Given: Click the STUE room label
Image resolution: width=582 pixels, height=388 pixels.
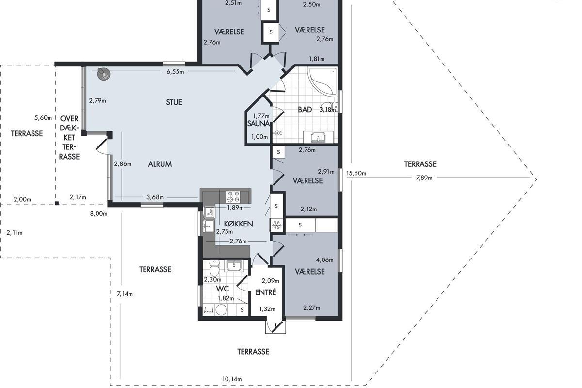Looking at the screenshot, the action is click(174, 102).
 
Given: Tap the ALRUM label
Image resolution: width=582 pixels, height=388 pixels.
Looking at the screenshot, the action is click(160, 164).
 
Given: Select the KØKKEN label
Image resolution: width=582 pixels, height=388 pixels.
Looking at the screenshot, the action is click(238, 224).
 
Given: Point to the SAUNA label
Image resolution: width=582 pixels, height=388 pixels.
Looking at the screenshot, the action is click(259, 124).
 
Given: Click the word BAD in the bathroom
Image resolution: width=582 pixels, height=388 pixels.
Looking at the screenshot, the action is click(305, 110).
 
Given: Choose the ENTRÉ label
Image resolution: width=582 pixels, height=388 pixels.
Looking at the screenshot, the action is click(265, 292).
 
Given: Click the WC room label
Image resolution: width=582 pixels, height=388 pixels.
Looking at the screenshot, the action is click(223, 289).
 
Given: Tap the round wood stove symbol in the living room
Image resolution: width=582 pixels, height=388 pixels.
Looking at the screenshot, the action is click(103, 74).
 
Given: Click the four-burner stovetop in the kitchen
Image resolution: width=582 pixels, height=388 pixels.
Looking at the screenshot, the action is click(233, 197).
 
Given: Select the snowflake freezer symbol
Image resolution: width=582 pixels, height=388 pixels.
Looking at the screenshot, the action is click(277, 225).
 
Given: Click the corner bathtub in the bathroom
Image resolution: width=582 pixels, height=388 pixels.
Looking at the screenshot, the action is click(322, 81).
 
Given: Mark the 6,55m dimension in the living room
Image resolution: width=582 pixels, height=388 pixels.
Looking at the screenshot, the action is click(175, 72).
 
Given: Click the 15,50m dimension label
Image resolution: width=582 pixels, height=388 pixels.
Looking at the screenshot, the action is click(356, 173).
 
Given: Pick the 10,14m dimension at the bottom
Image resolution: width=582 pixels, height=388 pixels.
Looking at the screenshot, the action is click(232, 379).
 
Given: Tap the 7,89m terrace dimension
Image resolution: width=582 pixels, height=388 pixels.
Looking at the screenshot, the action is click(424, 178).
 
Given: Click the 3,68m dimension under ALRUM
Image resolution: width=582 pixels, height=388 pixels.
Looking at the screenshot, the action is click(155, 197).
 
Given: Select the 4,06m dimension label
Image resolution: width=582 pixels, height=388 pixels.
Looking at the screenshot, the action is click(324, 260).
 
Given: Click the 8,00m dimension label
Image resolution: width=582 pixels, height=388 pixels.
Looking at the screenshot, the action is click(98, 213).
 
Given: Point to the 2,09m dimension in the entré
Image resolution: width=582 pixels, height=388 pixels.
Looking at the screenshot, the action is click(270, 281).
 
